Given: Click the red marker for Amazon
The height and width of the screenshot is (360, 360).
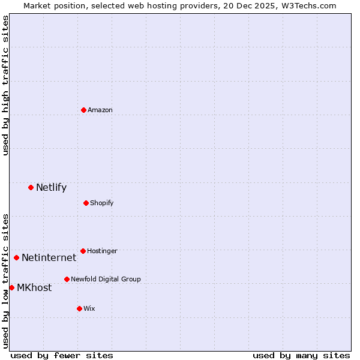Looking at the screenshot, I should tap(83, 110).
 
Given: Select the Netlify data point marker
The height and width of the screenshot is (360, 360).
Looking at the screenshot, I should tap(31, 187).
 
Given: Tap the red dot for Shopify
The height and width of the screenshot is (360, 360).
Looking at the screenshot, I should tap(86, 203).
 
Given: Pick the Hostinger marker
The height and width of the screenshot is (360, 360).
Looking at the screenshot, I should tap(83, 251).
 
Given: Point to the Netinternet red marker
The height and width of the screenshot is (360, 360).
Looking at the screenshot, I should tap(16, 257).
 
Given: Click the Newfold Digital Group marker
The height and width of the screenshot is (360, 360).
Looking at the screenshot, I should tap(67, 279).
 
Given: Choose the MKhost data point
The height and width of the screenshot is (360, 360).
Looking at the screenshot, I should tap(11, 287).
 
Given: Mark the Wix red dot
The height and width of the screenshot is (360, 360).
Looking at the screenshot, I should tap(79, 308).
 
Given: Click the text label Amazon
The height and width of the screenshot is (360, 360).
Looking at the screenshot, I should tap(100, 110).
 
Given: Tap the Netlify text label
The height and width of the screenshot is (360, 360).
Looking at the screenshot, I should tap(51, 187).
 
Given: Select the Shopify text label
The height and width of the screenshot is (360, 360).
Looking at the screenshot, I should tap(101, 203).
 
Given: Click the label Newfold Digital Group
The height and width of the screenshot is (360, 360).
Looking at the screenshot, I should tap(106, 279).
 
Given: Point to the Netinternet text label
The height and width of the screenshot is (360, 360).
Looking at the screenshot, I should tap(49, 257).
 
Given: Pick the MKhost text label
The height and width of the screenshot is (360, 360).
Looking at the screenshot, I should tap(34, 287).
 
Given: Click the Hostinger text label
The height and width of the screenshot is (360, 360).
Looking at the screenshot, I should tap(102, 251).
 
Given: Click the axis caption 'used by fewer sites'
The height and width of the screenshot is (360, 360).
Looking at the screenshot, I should tap(62, 355).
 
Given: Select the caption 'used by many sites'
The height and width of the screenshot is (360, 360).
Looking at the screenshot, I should tap(301, 355).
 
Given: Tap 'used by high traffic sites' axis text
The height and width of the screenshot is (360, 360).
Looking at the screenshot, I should tap(5, 86).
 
